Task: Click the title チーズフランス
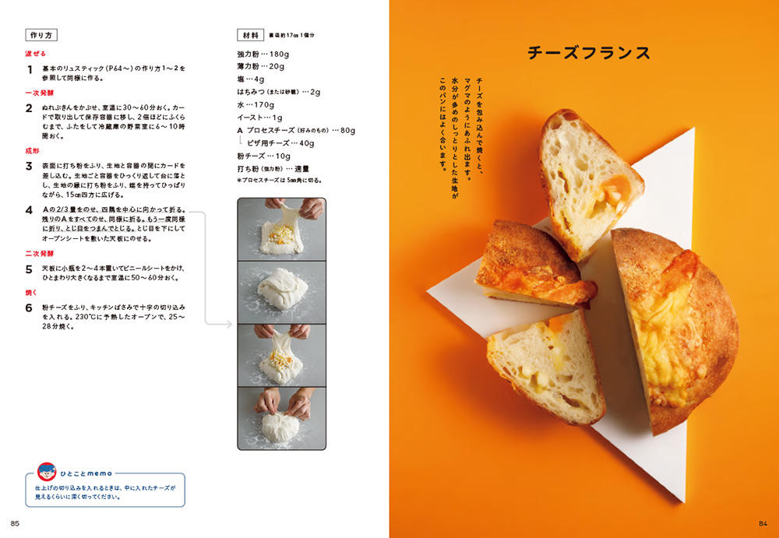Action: pyautogui.click(x=589, y=53)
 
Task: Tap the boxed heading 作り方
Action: pyautogui.click(x=41, y=35)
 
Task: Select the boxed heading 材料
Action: pyautogui.click(x=250, y=35)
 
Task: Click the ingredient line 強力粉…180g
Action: pyautogui.click(x=263, y=54)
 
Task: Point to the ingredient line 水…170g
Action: pyautogui.click(x=256, y=105)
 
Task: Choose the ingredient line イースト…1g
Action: pyautogui.click(x=259, y=118)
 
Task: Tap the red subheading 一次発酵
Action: pyautogui.click(x=39, y=93)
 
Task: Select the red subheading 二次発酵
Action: pyautogui.click(x=39, y=253)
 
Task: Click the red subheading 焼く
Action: pyautogui.click(x=31, y=293)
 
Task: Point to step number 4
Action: pyautogui.click(x=29, y=210)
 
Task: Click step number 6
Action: pyautogui.click(x=29, y=308)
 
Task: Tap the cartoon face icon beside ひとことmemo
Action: pyautogui.click(x=47, y=472)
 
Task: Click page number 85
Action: pyautogui.click(x=15, y=523)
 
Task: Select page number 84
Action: pyautogui.click(x=763, y=523)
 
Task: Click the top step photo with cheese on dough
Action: pyautogui.click(x=282, y=229)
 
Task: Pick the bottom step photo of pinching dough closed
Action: pyautogui.click(x=282, y=418)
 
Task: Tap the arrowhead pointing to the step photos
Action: pyautogui.click(x=228, y=325)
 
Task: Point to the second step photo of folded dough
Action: pyautogui.click(x=282, y=292)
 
